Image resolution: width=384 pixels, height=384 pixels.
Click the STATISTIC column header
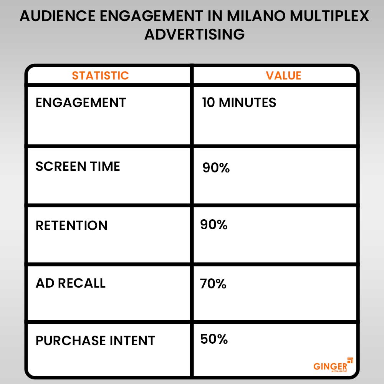coord(100,75)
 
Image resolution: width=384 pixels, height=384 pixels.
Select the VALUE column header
coord(284,75)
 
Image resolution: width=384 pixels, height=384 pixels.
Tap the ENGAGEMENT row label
coord(81,103)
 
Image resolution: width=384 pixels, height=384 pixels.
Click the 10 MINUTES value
coord(239,103)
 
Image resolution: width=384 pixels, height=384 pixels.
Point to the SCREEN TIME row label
coord(78,166)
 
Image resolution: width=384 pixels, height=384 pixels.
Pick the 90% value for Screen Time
coord(216,168)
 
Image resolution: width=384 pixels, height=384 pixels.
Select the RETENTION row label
coord(71,225)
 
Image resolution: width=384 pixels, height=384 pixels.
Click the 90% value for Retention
coord(214,225)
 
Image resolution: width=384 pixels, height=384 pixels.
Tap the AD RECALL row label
coord(70,283)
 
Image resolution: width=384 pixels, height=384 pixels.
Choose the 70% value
coord(213,284)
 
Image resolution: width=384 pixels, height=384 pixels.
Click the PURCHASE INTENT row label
coord(95,341)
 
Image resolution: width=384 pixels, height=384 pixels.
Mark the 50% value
coord(214,339)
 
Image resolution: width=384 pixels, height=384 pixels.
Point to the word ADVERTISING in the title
coord(194,34)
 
